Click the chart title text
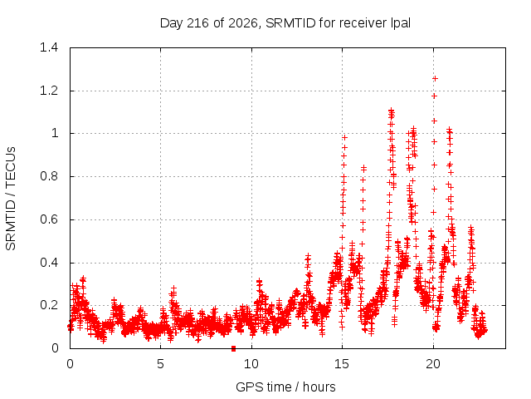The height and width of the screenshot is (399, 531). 285,23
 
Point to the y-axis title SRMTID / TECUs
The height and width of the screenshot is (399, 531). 11,199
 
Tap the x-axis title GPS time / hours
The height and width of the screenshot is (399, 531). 285,387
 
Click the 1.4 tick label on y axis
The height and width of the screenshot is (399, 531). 49,47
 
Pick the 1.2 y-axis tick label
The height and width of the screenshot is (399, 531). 49,91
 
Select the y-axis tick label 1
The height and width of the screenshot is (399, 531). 55,133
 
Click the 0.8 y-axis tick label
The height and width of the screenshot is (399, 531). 49,176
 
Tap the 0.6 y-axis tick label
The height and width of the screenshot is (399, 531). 49,219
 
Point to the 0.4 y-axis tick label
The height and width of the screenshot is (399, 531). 49,263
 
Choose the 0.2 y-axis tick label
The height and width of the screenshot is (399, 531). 49,305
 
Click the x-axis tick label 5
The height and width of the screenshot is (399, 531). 160,364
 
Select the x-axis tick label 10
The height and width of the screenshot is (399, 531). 251,364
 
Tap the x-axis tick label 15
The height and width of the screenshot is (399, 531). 342,364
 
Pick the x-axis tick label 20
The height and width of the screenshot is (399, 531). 433,364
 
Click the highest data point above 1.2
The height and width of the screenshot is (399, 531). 435,79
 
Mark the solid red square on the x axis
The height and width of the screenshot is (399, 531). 233,348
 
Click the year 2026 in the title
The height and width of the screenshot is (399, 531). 243,23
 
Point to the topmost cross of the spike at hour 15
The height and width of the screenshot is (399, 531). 345,137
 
